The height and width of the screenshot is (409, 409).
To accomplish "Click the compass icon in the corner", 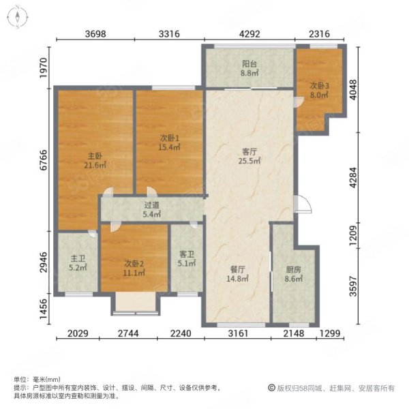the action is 18,17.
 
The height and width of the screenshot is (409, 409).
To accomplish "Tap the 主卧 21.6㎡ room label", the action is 95,161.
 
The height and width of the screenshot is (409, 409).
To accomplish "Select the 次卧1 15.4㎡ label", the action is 170,142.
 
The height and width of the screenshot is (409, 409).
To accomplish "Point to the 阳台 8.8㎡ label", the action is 249,68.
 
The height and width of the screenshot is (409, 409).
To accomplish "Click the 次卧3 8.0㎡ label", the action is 319,90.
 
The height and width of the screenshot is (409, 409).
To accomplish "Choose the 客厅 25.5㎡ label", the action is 249,156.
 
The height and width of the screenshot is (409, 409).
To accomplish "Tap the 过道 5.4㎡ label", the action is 151,210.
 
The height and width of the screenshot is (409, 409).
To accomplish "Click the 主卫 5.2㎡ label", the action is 78,263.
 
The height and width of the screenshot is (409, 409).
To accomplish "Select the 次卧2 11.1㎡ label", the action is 134,269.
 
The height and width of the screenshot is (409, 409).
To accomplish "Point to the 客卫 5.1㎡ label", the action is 187,259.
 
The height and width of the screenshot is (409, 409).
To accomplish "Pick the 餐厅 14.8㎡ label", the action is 237,274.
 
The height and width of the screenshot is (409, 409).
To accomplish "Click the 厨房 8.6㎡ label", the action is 293,274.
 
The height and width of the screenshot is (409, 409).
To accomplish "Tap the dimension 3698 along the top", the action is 95,34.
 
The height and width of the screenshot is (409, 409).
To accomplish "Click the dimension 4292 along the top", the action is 249,34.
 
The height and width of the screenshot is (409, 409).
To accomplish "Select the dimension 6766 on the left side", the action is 44,160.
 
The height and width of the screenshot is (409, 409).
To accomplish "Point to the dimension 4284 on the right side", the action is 353,177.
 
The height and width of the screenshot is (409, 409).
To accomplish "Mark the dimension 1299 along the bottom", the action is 330,333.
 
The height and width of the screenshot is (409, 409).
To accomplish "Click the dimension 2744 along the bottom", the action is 128,333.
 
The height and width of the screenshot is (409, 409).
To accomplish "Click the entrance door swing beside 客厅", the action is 303,204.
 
